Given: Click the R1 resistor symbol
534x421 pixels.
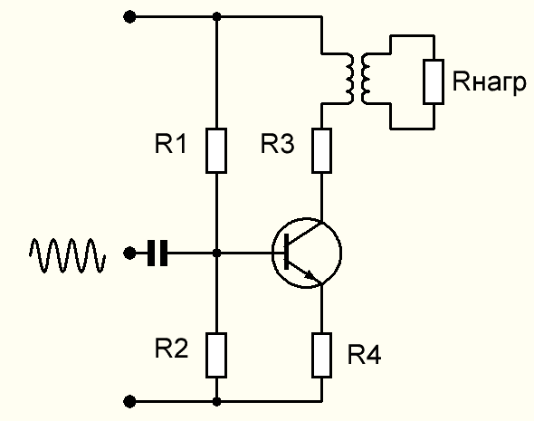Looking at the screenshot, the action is (x=216, y=151).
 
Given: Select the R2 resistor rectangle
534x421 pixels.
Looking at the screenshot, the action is (x=216, y=356).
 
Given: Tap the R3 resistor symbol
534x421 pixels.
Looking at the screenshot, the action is (x=322, y=151).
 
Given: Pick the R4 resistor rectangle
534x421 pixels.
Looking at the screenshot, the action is (x=322, y=356).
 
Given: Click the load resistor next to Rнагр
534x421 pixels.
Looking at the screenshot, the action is (x=434, y=81).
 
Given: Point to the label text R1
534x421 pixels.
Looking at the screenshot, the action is (x=170, y=144).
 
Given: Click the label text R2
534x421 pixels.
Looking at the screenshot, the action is (x=171, y=348).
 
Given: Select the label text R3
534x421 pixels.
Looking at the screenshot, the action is (x=277, y=144).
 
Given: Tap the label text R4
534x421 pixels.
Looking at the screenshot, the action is (x=365, y=354).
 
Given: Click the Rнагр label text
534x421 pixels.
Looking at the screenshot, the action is (x=490, y=82).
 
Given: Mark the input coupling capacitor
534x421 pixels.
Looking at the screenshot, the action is (x=157, y=254).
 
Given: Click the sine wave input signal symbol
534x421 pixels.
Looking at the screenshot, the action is (x=68, y=255).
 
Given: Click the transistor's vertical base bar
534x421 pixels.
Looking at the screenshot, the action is (x=286, y=252).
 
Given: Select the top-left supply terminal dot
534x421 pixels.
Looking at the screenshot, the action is (x=129, y=16).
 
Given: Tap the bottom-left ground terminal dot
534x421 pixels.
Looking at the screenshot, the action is (x=129, y=402).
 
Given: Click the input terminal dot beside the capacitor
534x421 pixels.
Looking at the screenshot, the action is (x=129, y=254).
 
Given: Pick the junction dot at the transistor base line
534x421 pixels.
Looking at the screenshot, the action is (x=216, y=254).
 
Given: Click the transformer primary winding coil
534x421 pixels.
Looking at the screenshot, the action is (x=350, y=79).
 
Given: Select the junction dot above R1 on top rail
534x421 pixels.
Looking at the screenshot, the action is (x=216, y=16).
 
